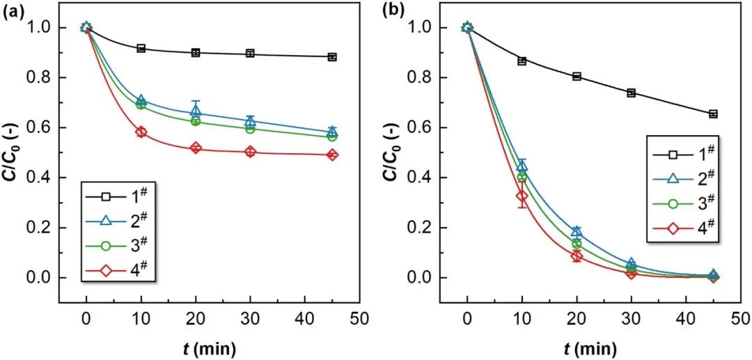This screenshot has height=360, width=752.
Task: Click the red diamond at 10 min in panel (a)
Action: pos(141,132)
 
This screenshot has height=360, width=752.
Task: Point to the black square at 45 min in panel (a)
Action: pos(332,57)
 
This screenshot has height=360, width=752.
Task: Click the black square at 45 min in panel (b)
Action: pos(713,114)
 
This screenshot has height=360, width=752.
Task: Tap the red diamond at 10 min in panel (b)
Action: pos(522,196)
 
